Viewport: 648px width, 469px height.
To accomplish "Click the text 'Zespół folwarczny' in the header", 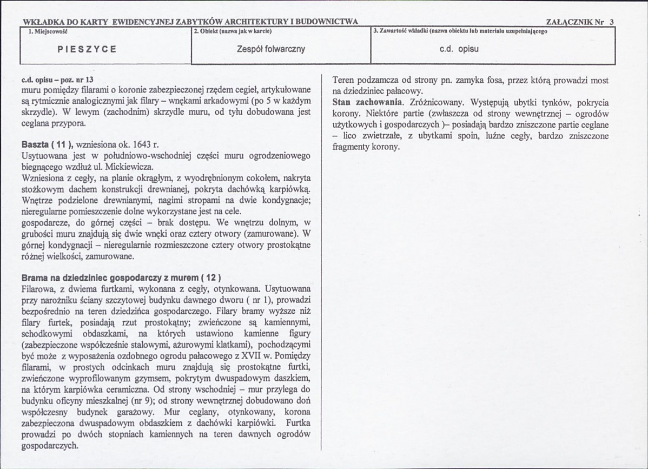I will click(x=271, y=49).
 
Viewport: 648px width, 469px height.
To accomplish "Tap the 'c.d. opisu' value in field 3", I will click(x=459, y=49).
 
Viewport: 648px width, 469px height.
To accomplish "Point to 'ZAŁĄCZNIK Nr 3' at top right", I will click(x=580, y=22).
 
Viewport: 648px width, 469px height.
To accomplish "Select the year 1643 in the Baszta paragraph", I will click(x=140, y=147).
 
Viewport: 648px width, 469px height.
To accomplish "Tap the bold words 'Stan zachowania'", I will click(x=366, y=102).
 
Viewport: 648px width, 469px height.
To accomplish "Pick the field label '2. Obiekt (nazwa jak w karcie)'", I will click(x=228, y=31).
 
